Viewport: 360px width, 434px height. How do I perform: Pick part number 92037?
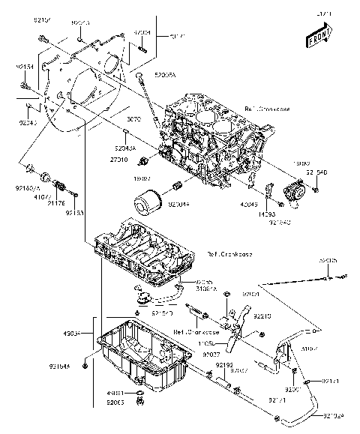point(211,354)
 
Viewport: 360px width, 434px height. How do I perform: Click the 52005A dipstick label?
point(164,76)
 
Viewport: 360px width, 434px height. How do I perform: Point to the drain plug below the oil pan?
point(139,405)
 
